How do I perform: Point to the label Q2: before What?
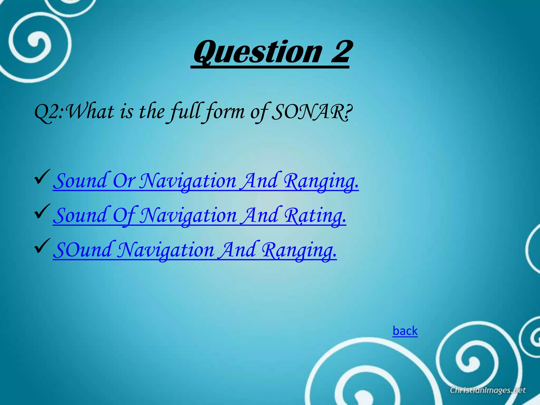49,112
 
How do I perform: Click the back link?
405,331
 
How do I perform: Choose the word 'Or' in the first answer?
124,181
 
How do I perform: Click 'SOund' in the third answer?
82,250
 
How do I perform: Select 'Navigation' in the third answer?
166,250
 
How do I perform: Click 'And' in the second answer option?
260,215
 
